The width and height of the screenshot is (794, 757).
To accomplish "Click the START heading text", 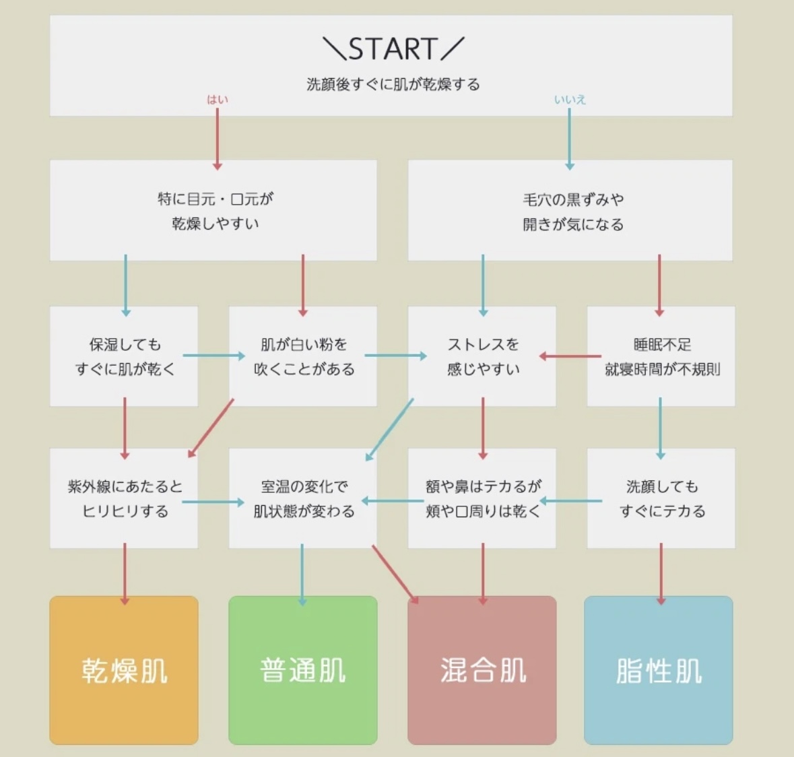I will [393, 49].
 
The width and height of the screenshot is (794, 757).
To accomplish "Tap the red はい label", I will [217, 100].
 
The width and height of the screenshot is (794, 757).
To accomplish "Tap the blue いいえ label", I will [570, 100].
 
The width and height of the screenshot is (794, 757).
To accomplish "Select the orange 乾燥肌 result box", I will [124, 670].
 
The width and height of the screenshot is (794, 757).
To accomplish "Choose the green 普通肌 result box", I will [303, 670].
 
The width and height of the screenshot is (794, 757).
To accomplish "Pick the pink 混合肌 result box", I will [482, 670].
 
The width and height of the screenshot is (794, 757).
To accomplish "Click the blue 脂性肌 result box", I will [659, 670].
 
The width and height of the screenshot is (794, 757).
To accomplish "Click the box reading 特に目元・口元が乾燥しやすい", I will [213, 211].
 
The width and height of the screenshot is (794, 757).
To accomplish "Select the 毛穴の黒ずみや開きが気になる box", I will [571, 211].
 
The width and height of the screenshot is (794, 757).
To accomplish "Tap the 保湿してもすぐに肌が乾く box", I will [124, 357].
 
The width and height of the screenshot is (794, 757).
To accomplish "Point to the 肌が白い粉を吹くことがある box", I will [303, 357].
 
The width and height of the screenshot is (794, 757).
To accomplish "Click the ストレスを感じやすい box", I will [482, 357].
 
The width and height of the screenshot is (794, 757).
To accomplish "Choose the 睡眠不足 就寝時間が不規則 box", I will [661, 357].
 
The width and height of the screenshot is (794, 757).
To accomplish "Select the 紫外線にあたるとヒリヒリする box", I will [124, 498].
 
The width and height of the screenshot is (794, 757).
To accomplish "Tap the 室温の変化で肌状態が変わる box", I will [303, 498].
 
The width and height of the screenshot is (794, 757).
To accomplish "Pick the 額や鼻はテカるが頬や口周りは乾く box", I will [482, 498].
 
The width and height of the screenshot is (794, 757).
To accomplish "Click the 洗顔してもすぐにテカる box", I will [661, 498].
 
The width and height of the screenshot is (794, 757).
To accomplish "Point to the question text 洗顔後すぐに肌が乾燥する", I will [393, 85].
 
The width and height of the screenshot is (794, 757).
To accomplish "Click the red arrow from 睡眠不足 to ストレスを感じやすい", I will [571, 356].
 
